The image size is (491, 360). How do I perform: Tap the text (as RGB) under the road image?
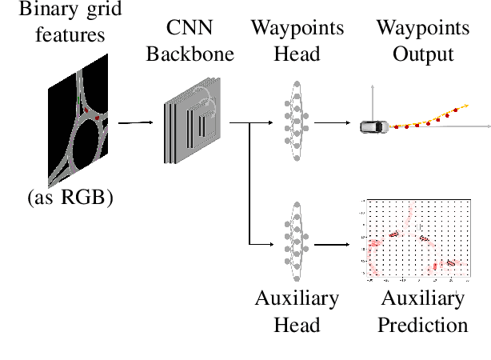pos(66,197)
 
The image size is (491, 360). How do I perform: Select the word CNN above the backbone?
pos(190,28)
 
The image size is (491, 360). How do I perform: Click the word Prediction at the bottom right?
pos(422,325)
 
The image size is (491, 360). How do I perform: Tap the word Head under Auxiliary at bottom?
pos(297,325)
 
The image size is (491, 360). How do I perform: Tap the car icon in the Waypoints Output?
pos(374,126)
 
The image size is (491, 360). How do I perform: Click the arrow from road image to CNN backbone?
pos(134,122)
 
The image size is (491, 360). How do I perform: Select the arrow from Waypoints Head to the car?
pos(331,123)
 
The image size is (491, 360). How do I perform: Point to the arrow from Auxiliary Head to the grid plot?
pos(331,244)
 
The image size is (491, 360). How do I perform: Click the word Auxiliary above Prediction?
pos(422,299)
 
